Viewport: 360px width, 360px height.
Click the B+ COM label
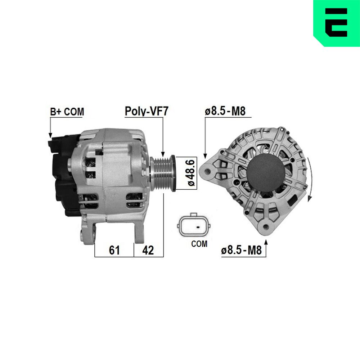coord(67,112)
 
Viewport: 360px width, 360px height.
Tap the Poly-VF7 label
coord(147,111)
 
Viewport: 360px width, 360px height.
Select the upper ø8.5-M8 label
coord(225,111)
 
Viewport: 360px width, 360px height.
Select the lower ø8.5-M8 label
coord(241,250)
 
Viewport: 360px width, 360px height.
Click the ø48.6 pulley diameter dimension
coord(191,173)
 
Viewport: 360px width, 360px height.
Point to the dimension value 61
coord(114,250)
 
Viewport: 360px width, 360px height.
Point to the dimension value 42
coord(148,250)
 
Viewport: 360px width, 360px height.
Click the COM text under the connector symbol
coord(199,244)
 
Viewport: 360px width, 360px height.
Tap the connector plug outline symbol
coord(194,226)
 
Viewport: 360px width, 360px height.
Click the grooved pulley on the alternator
coord(163,174)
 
